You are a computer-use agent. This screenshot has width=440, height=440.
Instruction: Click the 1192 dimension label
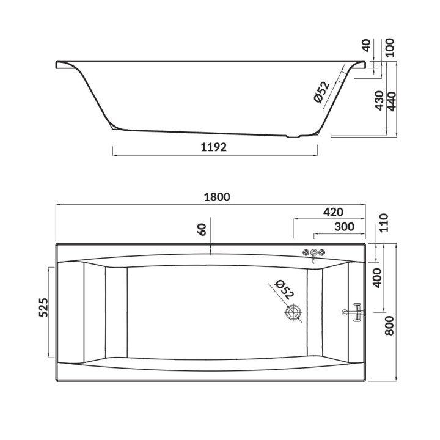[x=213, y=147]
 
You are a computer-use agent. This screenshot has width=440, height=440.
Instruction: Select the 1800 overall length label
[x=217, y=197]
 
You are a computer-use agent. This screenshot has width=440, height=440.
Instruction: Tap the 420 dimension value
[x=333, y=212]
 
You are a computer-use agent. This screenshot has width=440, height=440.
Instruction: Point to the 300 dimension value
[x=344, y=227]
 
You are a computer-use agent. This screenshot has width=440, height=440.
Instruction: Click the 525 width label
[x=44, y=307]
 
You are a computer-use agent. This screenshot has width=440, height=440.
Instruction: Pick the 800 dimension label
[x=389, y=326]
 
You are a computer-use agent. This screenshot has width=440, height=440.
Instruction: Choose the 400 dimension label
[x=378, y=278]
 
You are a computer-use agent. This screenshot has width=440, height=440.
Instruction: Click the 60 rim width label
[x=202, y=229]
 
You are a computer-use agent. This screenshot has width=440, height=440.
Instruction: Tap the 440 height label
[x=392, y=101]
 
